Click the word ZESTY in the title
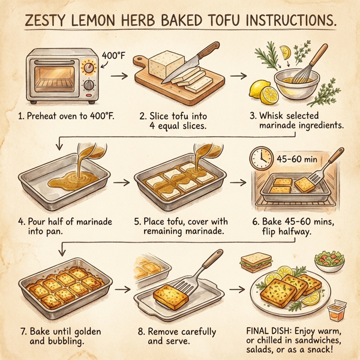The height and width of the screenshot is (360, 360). click(x=49, y=21)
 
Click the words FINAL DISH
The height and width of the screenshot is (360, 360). click(x=266, y=329)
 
